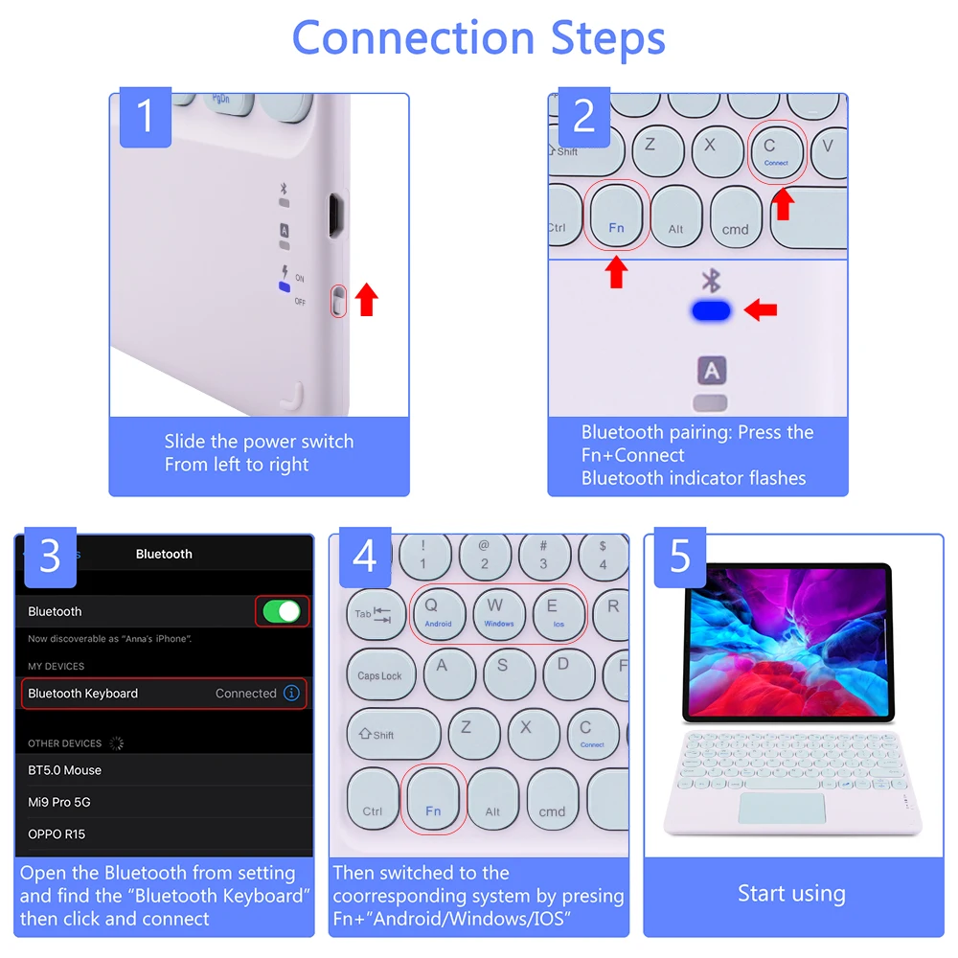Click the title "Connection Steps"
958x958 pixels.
pos(478,38)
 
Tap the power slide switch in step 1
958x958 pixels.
pos(337,301)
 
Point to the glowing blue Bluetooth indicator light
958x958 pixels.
pos(710,310)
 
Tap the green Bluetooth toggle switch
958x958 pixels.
pos(282,611)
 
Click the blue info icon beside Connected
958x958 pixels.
pos(292,693)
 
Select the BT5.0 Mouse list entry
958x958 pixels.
pos(65,770)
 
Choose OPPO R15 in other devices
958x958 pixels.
pos(57,834)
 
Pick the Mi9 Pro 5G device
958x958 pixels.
pos(59,802)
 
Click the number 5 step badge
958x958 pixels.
pos(680,557)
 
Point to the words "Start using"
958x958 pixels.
pos(791,894)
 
